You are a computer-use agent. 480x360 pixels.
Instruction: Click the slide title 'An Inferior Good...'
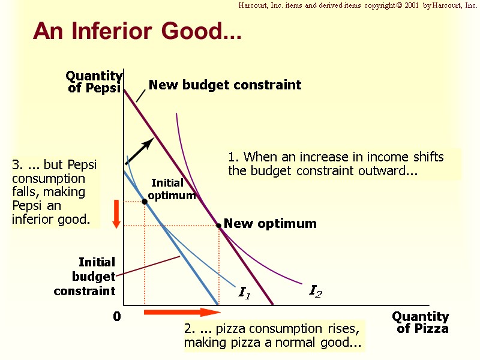click(x=137, y=31)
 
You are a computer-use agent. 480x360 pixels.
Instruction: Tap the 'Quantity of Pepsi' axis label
click(x=94, y=82)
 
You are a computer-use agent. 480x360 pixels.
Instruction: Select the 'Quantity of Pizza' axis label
click(x=421, y=322)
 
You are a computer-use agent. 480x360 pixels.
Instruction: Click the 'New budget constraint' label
click(x=225, y=85)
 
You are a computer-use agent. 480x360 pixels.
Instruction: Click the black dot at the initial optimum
click(x=145, y=202)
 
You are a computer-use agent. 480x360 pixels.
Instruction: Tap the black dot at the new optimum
click(x=218, y=226)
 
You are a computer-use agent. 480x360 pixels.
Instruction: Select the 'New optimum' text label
click(x=270, y=224)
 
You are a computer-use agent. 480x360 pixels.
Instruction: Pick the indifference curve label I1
click(x=244, y=293)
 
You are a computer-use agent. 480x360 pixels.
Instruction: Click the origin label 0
click(x=117, y=317)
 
